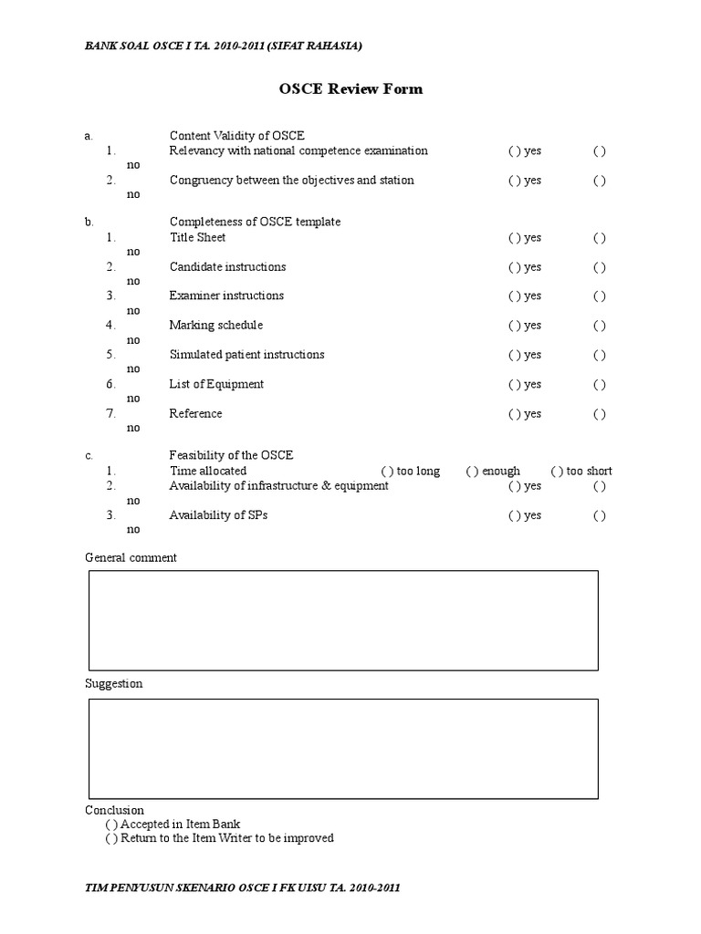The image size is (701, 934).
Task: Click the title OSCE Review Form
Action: click(350, 89)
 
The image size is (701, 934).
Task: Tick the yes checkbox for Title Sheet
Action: click(512, 238)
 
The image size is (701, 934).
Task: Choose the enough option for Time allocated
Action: click(471, 472)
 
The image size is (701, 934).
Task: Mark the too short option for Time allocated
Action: click(556, 472)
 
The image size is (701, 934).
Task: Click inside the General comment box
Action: click(343, 620)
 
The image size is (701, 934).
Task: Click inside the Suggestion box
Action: click(343, 749)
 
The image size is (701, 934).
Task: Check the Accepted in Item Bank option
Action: click(111, 824)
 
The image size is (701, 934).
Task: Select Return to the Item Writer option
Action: click(111, 838)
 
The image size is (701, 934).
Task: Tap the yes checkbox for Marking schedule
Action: click(512, 326)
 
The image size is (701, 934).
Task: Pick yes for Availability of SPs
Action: click(512, 516)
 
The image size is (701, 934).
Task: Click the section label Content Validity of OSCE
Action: click(236, 136)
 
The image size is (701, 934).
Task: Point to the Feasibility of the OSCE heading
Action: click(231, 455)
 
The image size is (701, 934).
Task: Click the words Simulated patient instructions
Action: click(246, 355)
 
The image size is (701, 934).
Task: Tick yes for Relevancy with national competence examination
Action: click(512, 151)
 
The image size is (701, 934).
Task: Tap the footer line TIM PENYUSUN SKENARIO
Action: click(242, 887)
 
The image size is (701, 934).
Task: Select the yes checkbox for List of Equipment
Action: click(512, 385)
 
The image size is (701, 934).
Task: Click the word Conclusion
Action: click(114, 810)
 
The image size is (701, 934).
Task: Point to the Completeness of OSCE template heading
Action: click(255, 222)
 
